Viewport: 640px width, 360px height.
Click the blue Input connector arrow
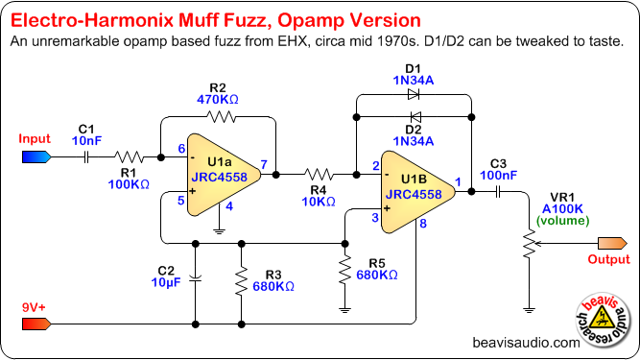coord(36,157)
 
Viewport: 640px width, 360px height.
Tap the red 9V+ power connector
coord(36,324)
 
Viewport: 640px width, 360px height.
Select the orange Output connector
coord(612,243)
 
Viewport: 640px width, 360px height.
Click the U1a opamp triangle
coord(224,175)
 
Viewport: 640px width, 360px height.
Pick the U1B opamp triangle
coord(418,192)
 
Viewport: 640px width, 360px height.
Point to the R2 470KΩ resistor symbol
coord(222,117)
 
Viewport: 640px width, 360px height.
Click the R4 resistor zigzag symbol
coord(319,175)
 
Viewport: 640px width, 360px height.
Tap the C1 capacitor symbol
coord(86,157)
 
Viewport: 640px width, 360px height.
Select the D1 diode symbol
coord(414,95)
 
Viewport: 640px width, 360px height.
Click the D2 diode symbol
coord(415,117)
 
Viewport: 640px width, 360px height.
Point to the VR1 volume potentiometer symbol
coord(530,244)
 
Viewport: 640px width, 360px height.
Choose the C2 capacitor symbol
coord(196,279)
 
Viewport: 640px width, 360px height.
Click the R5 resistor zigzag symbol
coord(344,270)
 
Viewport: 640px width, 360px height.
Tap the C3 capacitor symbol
coord(498,192)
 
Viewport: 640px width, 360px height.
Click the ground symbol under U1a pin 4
coord(219,231)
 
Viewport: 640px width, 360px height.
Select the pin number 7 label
coord(264,164)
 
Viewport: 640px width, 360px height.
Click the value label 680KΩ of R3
coord(273,286)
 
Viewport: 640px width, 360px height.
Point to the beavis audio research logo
coord(603,320)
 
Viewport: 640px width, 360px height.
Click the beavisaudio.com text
coord(526,343)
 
